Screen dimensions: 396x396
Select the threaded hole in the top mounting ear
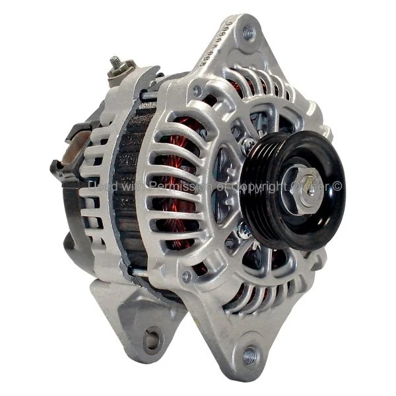click(248, 31)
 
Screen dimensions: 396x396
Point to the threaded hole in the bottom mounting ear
click(249, 356)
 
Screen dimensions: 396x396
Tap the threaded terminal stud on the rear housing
click(115, 63)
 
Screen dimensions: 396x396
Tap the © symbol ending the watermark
click(337, 187)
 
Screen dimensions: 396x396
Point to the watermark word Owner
click(310, 187)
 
